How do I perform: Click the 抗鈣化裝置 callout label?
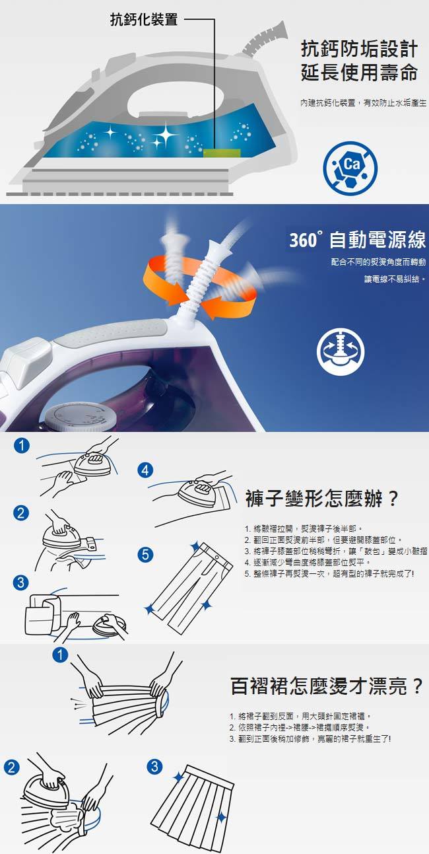[x=144, y=19]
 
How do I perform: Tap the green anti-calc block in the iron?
[x=222, y=153]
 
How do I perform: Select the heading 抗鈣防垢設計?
[x=359, y=49]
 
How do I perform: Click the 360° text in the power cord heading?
[x=304, y=240]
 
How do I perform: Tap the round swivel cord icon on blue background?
[x=340, y=351]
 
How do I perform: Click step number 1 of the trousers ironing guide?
[x=21, y=445]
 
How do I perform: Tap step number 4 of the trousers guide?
[x=145, y=470]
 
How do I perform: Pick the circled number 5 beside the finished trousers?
[x=145, y=554]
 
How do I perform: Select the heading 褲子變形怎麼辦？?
[x=322, y=498]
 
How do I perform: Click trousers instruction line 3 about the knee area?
[x=336, y=551]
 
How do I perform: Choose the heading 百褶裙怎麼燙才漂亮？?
[x=327, y=686]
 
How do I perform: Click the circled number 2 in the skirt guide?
[x=11, y=767]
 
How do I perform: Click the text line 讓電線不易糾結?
[x=395, y=279]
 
